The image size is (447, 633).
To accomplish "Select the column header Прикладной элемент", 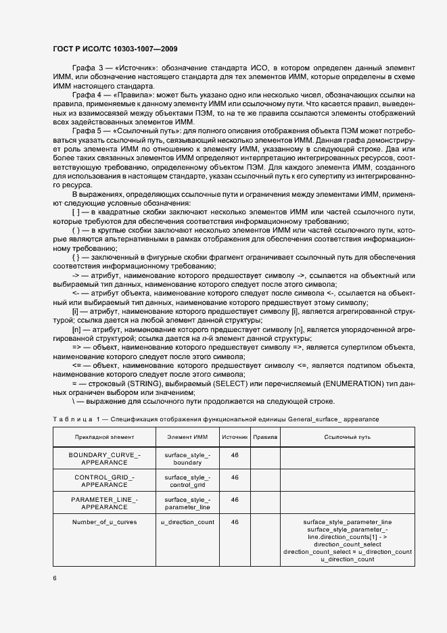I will pos(105,437).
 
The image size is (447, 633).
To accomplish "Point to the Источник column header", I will pos(235,437).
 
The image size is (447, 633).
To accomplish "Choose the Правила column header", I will pos(265,437).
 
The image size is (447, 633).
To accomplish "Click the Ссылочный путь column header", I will pos(347,437).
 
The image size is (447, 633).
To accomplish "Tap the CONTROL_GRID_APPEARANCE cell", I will pos(105,481).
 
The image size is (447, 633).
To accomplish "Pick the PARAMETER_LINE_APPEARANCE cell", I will pos(105,503).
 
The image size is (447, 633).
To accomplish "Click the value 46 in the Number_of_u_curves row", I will pos(235,522).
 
